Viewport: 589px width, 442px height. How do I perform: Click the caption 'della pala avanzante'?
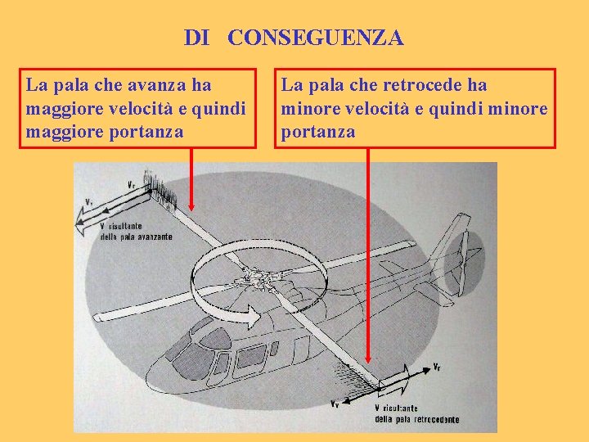point(136,237)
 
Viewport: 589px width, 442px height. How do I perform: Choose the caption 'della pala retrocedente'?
point(416,420)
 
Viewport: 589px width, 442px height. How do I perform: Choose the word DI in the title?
point(196,38)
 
